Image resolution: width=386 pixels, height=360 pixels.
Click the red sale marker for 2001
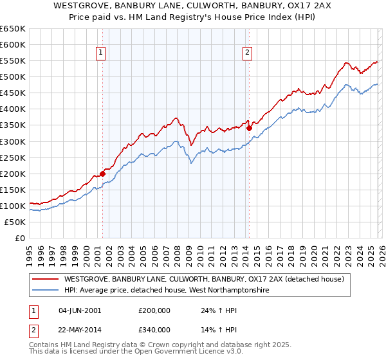(x=102, y=174)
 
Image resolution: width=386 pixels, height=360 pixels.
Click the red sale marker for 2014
(x=249, y=128)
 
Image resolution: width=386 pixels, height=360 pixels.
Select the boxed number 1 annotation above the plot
(x=102, y=53)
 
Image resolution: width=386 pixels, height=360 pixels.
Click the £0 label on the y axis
(x=19, y=238)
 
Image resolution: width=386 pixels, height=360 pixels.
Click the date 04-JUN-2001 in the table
(x=79, y=310)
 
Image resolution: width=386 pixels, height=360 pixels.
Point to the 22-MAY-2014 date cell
(x=80, y=330)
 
